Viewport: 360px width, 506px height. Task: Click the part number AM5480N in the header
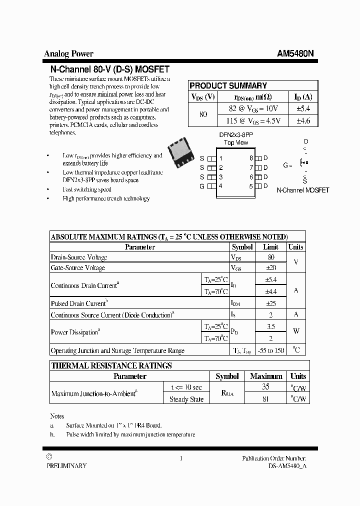pos(295,54)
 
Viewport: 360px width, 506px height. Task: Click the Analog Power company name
pos(68,54)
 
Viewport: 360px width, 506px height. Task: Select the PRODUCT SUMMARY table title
pos(228,85)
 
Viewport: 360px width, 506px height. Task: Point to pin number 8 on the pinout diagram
pos(251,158)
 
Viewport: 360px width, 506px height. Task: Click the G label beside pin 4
pos(202,186)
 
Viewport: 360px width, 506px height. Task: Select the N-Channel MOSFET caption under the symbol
pos(302,190)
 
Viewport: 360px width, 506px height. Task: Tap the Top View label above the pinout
pos(236,142)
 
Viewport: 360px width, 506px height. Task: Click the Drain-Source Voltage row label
pos(79,257)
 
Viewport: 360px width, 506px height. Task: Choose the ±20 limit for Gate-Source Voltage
pos(270,268)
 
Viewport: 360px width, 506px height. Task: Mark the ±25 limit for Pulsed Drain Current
pos(270,303)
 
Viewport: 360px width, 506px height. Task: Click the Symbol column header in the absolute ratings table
pos(242,247)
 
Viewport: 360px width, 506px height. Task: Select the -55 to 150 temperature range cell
pos(270,350)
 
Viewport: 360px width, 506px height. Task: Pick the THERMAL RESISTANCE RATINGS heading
pos(111,365)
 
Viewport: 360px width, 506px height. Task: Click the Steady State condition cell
pos(186,399)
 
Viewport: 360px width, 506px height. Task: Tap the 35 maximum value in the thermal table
pos(266,387)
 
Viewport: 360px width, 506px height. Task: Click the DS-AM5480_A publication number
pos(284,465)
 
